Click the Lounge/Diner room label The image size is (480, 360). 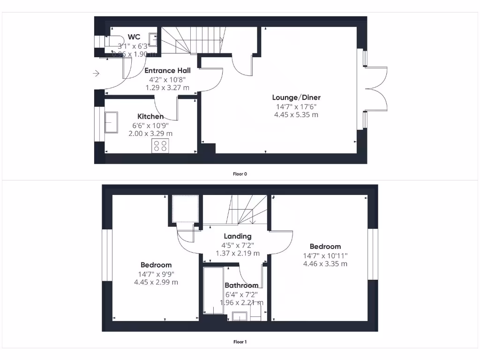coord(296,97)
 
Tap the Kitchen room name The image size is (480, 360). coord(150,116)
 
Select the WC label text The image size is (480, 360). coord(134,37)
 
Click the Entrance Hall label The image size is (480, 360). coord(167,70)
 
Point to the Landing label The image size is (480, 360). coord(237,236)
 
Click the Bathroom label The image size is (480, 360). coord(241,285)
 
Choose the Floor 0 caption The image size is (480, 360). coord(240,174)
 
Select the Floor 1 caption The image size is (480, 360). coord(240,342)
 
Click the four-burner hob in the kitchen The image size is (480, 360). coord(160,146)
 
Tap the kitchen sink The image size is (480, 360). coord(112,123)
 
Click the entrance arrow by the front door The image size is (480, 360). coord(97,73)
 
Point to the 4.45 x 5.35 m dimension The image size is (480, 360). coord(296,114)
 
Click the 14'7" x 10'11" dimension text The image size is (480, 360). coord(325,255)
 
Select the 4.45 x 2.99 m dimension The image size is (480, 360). coord(156,282)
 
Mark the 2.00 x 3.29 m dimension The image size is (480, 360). coord(150,134)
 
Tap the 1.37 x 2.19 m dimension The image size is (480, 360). coord(237,253)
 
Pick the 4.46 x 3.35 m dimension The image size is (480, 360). coord(325,264)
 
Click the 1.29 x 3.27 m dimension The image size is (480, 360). coord(167,88)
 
